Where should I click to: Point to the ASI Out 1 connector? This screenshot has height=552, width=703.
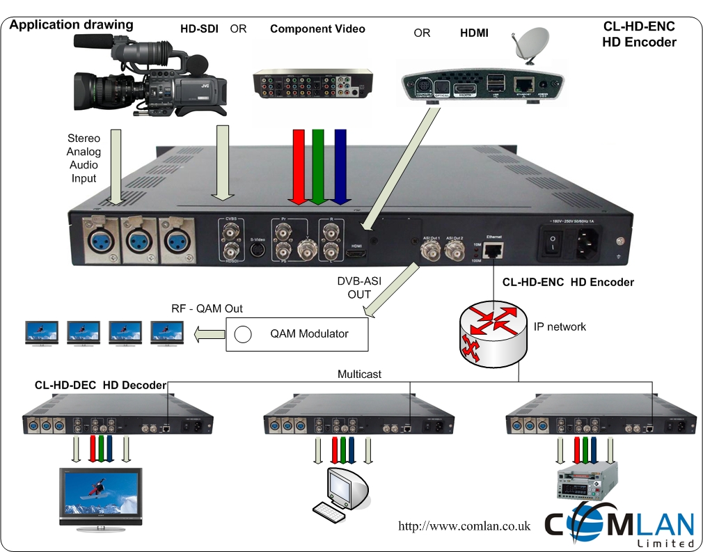pos(429,249)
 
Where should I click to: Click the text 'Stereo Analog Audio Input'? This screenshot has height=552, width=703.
pos(84,158)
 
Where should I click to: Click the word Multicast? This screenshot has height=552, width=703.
pos(359,374)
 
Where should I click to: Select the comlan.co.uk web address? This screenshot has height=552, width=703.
pos(464,526)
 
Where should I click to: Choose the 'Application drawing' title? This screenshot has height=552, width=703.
pos(71,25)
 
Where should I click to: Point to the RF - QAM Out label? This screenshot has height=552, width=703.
pos(207,309)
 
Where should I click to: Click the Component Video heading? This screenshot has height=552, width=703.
pos(317,29)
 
